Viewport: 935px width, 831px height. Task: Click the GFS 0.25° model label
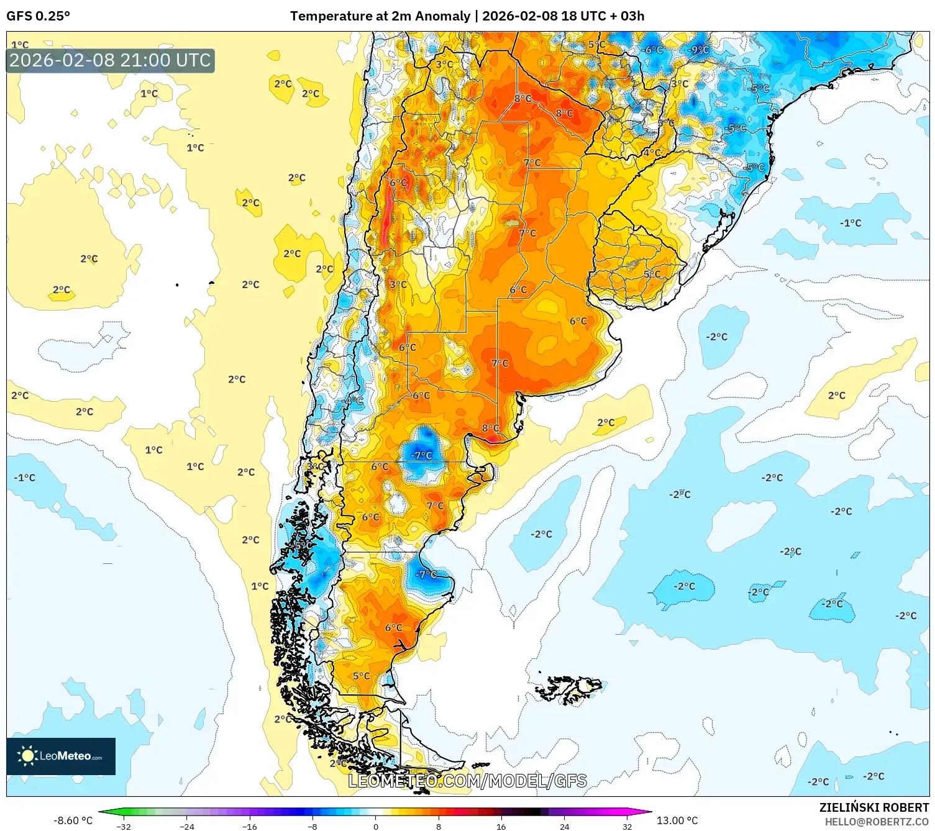38,16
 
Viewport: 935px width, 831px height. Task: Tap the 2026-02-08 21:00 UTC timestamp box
110,61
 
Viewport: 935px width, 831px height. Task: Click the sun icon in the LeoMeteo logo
27,756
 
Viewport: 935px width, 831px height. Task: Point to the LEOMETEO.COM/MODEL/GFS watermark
467,781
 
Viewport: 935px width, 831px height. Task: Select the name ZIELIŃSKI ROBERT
873,807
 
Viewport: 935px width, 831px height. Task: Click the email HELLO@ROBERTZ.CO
876,822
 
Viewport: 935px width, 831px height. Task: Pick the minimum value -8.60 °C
73,820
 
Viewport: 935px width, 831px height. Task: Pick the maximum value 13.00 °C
677,820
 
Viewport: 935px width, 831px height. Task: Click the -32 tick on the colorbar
124,827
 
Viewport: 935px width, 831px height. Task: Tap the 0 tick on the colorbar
375,827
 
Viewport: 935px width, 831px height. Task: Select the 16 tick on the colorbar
501,827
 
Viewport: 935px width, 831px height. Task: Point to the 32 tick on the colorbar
627,827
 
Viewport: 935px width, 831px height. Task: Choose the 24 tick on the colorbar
564,827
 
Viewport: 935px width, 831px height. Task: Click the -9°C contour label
698,50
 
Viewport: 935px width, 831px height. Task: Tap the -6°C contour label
652,50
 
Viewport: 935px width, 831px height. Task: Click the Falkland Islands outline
568,689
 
